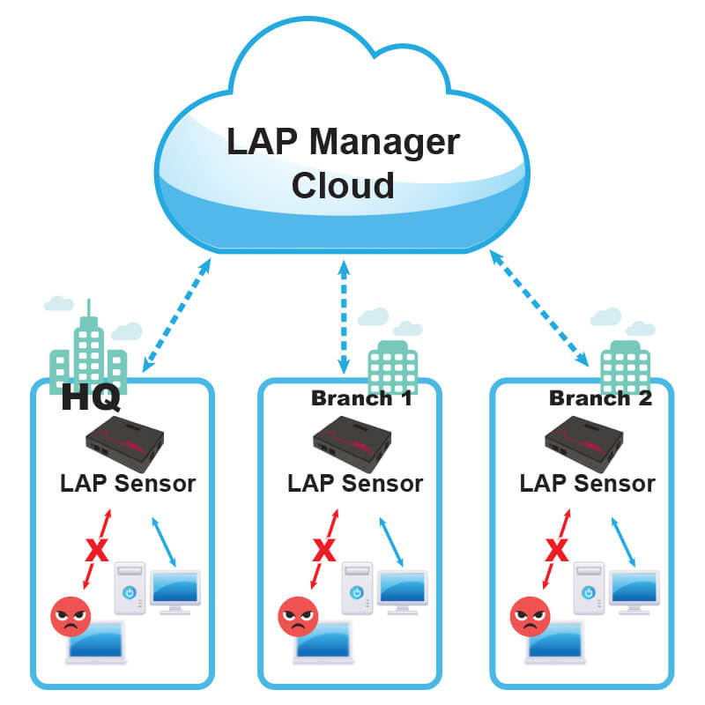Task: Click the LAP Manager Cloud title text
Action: click(343, 163)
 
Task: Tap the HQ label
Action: click(91, 397)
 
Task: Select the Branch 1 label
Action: click(361, 398)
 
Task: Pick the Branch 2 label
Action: click(600, 398)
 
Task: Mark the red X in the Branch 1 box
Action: click(324, 552)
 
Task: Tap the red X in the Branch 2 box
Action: click(556, 552)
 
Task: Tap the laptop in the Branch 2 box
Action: click(555, 648)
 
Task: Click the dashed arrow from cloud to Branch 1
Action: click(343, 313)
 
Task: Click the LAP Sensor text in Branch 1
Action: click(355, 484)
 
